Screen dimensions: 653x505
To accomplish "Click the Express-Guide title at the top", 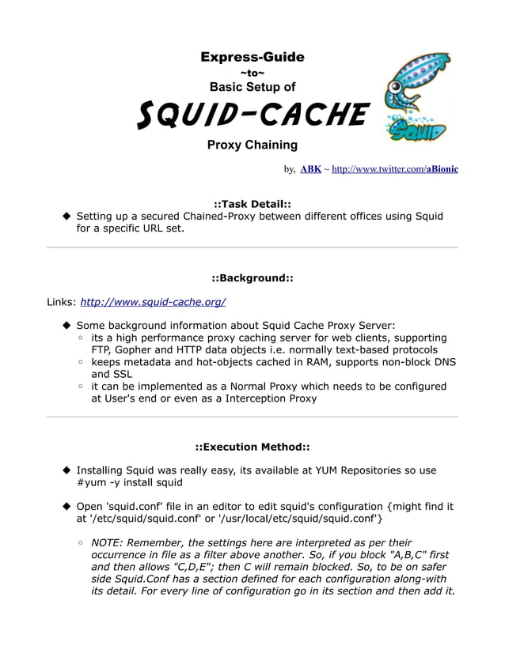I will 252,57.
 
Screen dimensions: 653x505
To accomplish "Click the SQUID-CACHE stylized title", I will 252,115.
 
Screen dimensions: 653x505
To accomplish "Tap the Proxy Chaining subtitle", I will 252,145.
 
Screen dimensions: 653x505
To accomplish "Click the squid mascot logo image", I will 415,101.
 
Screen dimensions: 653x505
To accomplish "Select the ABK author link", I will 311,169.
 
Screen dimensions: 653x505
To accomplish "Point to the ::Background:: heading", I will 252,277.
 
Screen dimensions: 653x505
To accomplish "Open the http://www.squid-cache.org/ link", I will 154,302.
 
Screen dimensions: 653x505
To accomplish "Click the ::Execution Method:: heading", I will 252,447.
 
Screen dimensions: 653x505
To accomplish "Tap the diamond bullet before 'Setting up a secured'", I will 67,217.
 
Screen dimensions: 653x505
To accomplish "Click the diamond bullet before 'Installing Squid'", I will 67,470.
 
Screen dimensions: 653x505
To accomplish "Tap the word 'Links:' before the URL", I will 62,302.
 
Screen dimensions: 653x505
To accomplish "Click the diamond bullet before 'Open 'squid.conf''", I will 67,507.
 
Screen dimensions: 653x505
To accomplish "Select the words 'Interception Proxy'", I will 267,398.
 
